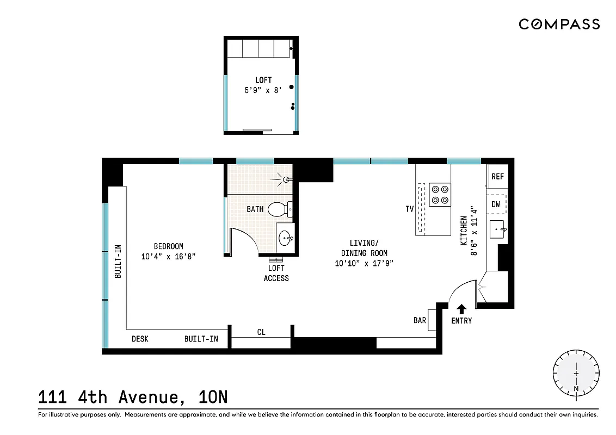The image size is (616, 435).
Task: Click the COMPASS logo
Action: pyautogui.click(x=559, y=24)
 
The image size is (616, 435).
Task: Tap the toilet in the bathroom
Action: pyautogui.click(x=279, y=208)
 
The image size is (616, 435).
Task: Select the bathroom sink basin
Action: pyautogui.click(x=285, y=238)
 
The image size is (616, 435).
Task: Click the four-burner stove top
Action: pyautogui.click(x=440, y=195)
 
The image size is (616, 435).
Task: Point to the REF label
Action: pyautogui.click(x=497, y=177)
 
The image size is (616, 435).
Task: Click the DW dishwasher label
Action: pyautogui.click(x=496, y=204)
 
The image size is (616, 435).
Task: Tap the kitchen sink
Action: pyautogui.click(x=498, y=229)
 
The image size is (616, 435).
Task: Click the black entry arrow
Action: pyautogui.click(x=461, y=308)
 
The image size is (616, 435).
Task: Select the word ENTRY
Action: pyautogui.click(x=461, y=321)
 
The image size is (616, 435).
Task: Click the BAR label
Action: pyautogui.click(x=420, y=320)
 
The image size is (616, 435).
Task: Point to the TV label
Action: pyautogui.click(x=410, y=209)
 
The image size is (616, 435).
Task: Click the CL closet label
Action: pyautogui.click(x=261, y=332)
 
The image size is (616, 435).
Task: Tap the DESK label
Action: pyautogui.click(x=140, y=339)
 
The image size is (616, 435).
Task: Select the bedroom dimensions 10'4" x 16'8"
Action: pyautogui.click(x=168, y=256)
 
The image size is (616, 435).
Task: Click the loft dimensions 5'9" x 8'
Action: pyautogui.click(x=263, y=90)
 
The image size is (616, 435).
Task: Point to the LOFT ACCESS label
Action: pyautogui.click(x=276, y=273)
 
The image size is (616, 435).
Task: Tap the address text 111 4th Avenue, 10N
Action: pyautogui.click(x=133, y=397)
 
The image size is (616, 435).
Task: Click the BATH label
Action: pyautogui.click(x=255, y=209)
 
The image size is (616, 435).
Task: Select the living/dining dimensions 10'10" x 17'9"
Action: pyautogui.click(x=364, y=263)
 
